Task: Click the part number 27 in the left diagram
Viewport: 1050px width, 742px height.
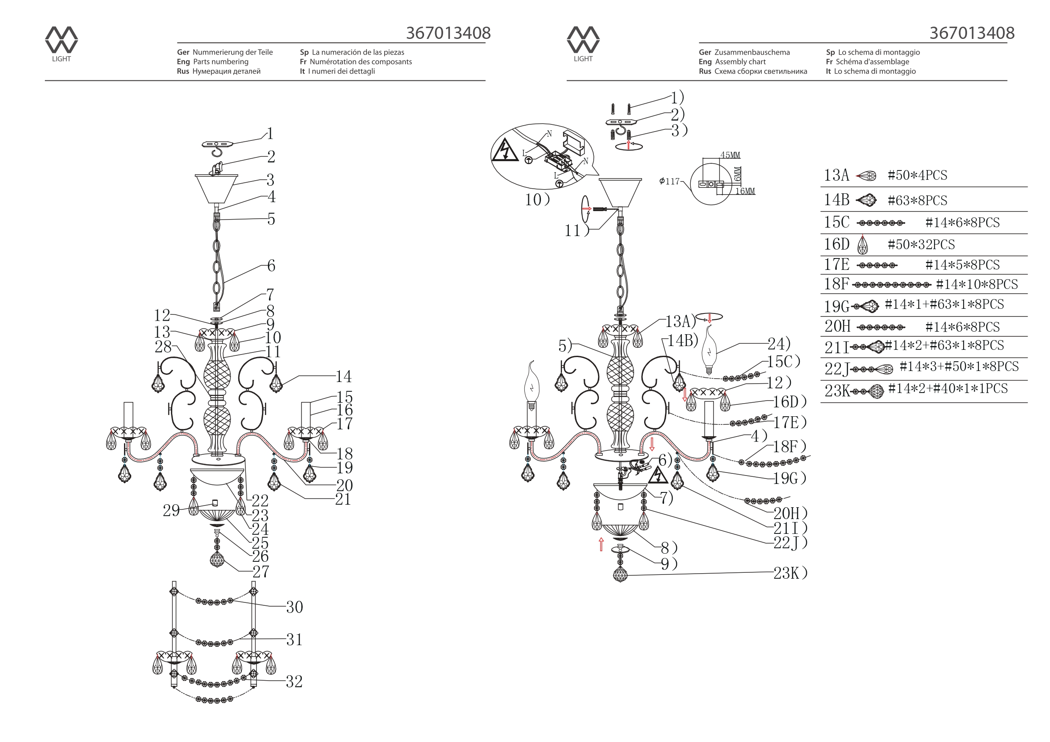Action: [261, 572]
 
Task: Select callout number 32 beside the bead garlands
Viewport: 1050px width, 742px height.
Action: [294, 682]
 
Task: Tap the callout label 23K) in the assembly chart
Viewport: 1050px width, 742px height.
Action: [790, 573]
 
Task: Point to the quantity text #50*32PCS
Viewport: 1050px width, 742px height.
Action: [921, 245]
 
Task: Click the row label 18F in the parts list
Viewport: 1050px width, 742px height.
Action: [836, 284]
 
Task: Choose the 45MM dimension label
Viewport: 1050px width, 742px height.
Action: [730, 155]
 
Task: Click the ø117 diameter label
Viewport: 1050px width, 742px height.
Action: [669, 181]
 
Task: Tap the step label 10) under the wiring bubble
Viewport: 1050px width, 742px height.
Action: [537, 200]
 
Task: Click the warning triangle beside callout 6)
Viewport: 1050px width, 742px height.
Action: [658, 476]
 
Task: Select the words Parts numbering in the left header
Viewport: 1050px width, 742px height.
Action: [220, 62]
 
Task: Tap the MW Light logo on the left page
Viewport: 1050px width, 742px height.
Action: [61, 44]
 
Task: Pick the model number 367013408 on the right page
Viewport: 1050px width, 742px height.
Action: [972, 33]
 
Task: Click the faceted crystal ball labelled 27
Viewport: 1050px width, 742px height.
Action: [217, 559]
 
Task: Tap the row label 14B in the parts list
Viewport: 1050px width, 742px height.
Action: [836, 200]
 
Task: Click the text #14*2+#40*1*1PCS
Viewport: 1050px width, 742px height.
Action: [948, 389]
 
